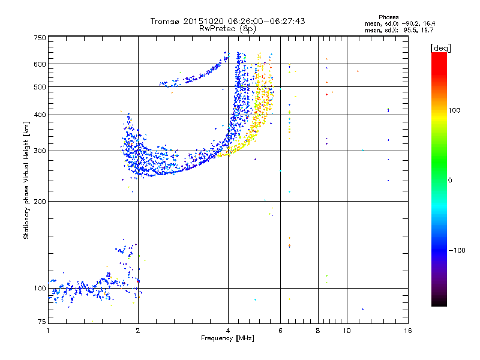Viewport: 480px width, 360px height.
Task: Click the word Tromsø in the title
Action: (x=167, y=21)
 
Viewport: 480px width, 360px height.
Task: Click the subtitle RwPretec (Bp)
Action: (x=228, y=28)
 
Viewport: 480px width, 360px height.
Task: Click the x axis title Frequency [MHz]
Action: (x=228, y=339)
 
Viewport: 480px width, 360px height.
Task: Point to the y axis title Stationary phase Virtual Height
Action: (x=26, y=180)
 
